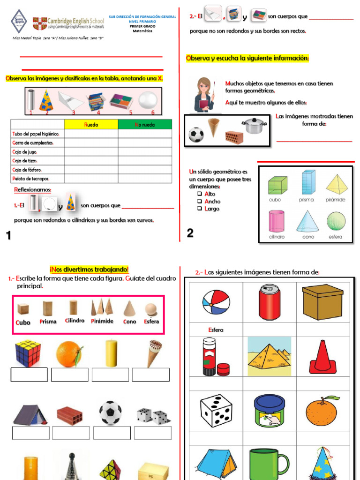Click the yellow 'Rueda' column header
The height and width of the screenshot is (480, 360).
(x=91, y=125)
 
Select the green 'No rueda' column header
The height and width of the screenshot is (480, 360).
(x=145, y=125)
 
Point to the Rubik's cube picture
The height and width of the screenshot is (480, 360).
(x=28, y=353)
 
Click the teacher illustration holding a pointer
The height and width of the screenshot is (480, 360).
(x=204, y=94)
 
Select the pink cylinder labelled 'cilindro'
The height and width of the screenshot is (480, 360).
(x=277, y=221)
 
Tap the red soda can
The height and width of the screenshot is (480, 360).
(x=270, y=302)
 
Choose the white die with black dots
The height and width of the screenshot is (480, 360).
(x=216, y=411)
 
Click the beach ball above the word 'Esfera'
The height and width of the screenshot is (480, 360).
(x=216, y=302)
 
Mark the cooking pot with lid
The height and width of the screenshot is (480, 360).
(x=255, y=125)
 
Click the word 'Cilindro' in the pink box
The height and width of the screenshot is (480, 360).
(x=75, y=321)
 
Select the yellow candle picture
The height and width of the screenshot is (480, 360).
(x=111, y=353)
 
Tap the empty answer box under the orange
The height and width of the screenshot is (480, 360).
(x=69, y=375)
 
